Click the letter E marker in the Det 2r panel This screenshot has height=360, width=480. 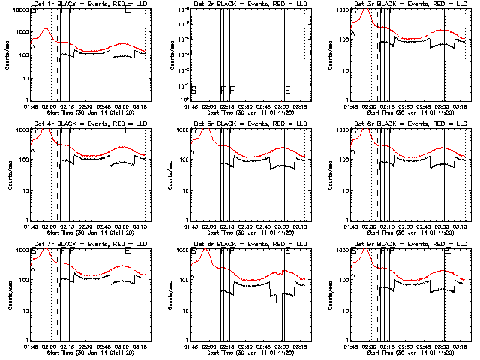288,90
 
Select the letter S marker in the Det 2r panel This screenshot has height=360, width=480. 193,90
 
